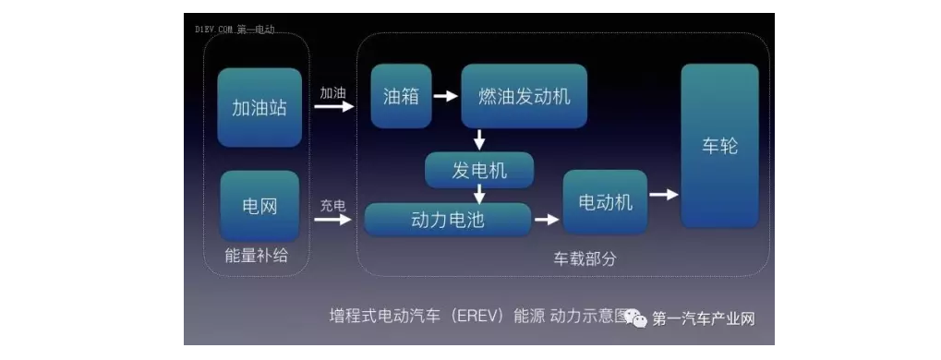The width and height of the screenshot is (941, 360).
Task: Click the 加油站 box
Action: click(x=259, y=107)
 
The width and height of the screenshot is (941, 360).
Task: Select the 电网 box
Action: click(x=259, y=205)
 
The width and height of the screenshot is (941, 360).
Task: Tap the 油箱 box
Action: click(x=401, y=96)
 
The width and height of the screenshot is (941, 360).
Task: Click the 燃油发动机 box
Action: click(x=524, y=96)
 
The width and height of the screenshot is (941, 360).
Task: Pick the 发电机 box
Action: click(x=479, y=170)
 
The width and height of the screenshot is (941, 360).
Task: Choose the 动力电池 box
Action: click(x=448, y=220)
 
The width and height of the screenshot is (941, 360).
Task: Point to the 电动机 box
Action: click(x=605, y=202)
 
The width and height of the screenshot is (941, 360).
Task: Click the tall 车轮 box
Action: click(x=719, y=146)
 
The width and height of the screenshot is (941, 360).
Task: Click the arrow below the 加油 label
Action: click(x=333, y=108)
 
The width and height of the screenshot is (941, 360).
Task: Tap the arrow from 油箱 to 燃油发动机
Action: click(x=446, y=96)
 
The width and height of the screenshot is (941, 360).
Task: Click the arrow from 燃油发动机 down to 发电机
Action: click(x=479, y=140)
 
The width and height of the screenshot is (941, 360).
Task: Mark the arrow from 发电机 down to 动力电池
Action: click(x=479, y=195)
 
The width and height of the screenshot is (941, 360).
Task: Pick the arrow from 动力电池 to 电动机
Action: click(x=547, y=220)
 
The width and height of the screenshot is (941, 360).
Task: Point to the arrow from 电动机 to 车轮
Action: click(x=664, y=195)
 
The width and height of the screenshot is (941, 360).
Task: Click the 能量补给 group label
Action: click(x=256, y=256)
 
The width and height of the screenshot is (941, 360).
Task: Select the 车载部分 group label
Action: click(x=585, y=259)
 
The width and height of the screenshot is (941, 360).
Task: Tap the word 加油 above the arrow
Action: click(x=333, y=94)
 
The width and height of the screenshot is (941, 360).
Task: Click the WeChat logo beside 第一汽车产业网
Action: click(x=636, y=318)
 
